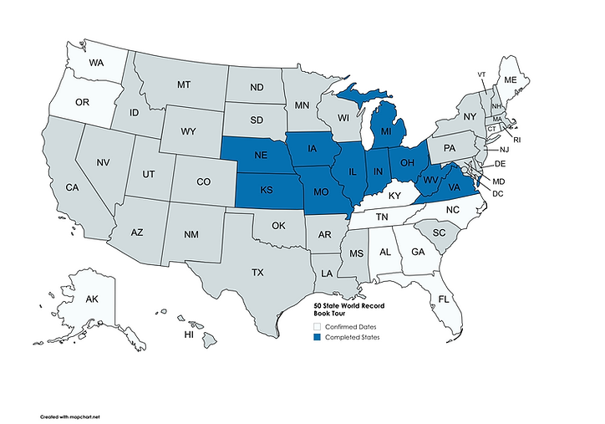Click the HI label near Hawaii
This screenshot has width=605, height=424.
[190, 335]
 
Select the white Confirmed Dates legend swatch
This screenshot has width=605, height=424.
[317, 326]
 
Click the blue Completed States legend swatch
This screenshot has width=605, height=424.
[317, 338]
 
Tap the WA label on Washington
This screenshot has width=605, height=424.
[97, 63]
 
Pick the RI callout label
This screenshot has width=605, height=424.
[516, 140]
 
